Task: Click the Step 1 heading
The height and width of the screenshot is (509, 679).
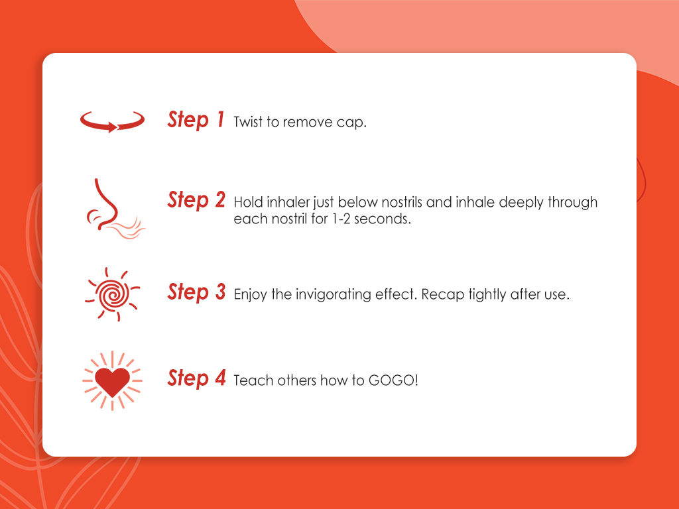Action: pos(196,120)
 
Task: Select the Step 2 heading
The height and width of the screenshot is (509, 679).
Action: pos(196,200)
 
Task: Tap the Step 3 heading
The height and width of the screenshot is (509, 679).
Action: pos(196,292)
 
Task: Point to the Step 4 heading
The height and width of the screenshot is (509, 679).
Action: pos(196,378)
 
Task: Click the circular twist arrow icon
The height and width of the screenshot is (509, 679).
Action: pos(112,121)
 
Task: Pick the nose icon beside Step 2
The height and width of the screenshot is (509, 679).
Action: pos(109,205)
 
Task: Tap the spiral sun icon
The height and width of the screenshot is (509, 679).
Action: pos(112,294)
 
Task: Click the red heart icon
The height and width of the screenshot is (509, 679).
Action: pos(112,380)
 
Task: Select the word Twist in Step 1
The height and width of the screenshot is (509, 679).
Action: pos(249,123)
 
